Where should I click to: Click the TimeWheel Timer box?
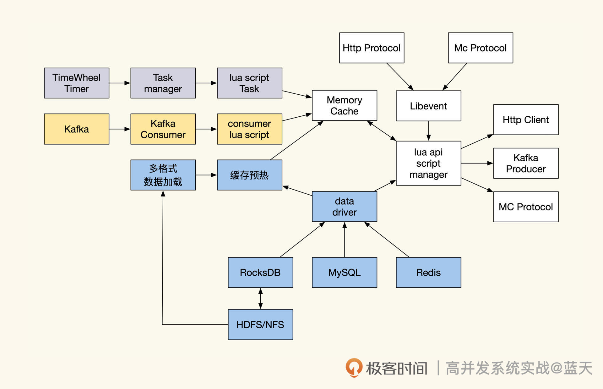click(x=76, y=83)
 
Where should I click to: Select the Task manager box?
click(x=163, y=83)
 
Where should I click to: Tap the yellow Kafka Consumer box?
click(x=163, y=129)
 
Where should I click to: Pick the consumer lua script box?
click(x=249, y=129)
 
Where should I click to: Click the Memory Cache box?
click(x=344, y=105)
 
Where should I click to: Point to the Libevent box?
click(x=428, y=106)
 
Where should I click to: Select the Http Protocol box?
click(x=372, y=48)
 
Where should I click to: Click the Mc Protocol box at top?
click(x=480, y=48)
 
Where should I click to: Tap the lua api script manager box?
click(x=428, y=163)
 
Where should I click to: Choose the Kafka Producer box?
click(x=526, y=163)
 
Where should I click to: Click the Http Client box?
click(x=526, y=119)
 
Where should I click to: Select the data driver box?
click(x=344, y=207)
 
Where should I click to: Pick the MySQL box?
click(x=344, y=272)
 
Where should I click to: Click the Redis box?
click(x=428, y=272)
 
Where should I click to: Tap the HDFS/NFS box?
click(x=260, y=324)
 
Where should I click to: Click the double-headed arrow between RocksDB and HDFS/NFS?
click(x=260, y=298)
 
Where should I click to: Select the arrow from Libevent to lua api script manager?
click(x=428, y=131)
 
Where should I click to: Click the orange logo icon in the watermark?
click(x=354, y=367)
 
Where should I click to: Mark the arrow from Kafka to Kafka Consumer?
click(x=119, y=129)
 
